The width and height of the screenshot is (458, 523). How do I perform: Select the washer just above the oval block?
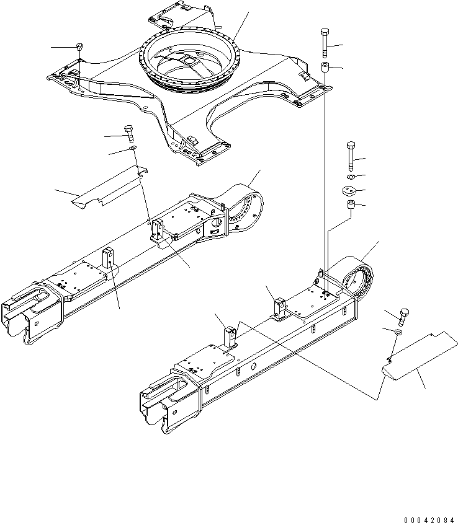click(351, 177)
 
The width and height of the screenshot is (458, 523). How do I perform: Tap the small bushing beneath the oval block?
click(351, 205)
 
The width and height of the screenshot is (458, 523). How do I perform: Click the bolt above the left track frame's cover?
click(129, 133)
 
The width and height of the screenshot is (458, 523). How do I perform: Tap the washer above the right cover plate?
click(397, 333)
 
